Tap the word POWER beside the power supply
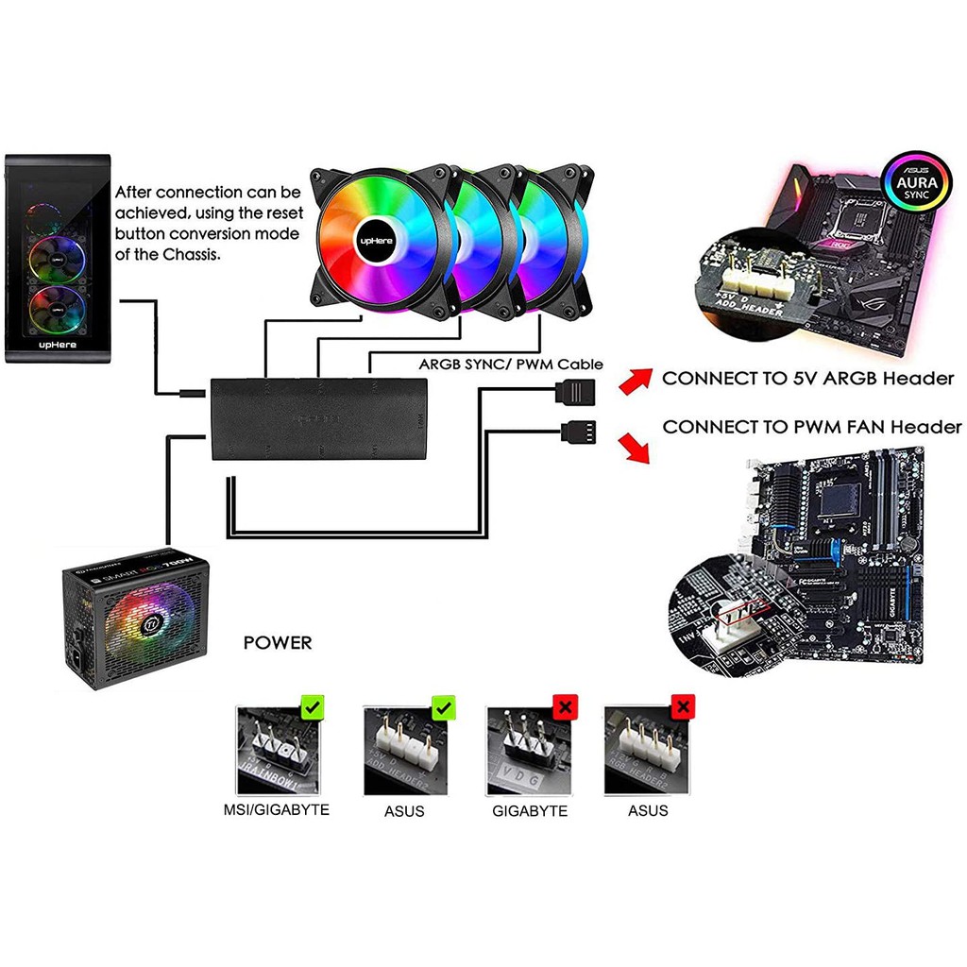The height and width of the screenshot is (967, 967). pos(278,643)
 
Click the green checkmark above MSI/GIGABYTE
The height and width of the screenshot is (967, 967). pos(314,707)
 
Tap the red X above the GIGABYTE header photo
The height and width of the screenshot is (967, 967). pos(566,707)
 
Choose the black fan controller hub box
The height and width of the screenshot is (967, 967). pos(319,418)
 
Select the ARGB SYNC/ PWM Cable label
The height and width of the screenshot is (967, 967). pos(511,364)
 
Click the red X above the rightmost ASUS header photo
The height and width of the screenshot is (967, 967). pos(682,707)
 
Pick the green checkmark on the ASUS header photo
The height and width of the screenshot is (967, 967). pos(442,707)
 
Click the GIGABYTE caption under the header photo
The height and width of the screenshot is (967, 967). pos(530,810)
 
